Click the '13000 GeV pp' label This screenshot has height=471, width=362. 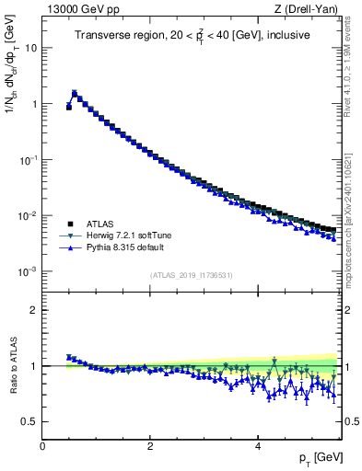tap(74, 8)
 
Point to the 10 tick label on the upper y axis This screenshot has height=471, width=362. tap(30, 48)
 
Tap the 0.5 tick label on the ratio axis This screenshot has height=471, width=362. tap(29, 422)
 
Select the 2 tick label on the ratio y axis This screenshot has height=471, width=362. tap(33, 310)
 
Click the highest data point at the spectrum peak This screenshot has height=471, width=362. tap(75, 93)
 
